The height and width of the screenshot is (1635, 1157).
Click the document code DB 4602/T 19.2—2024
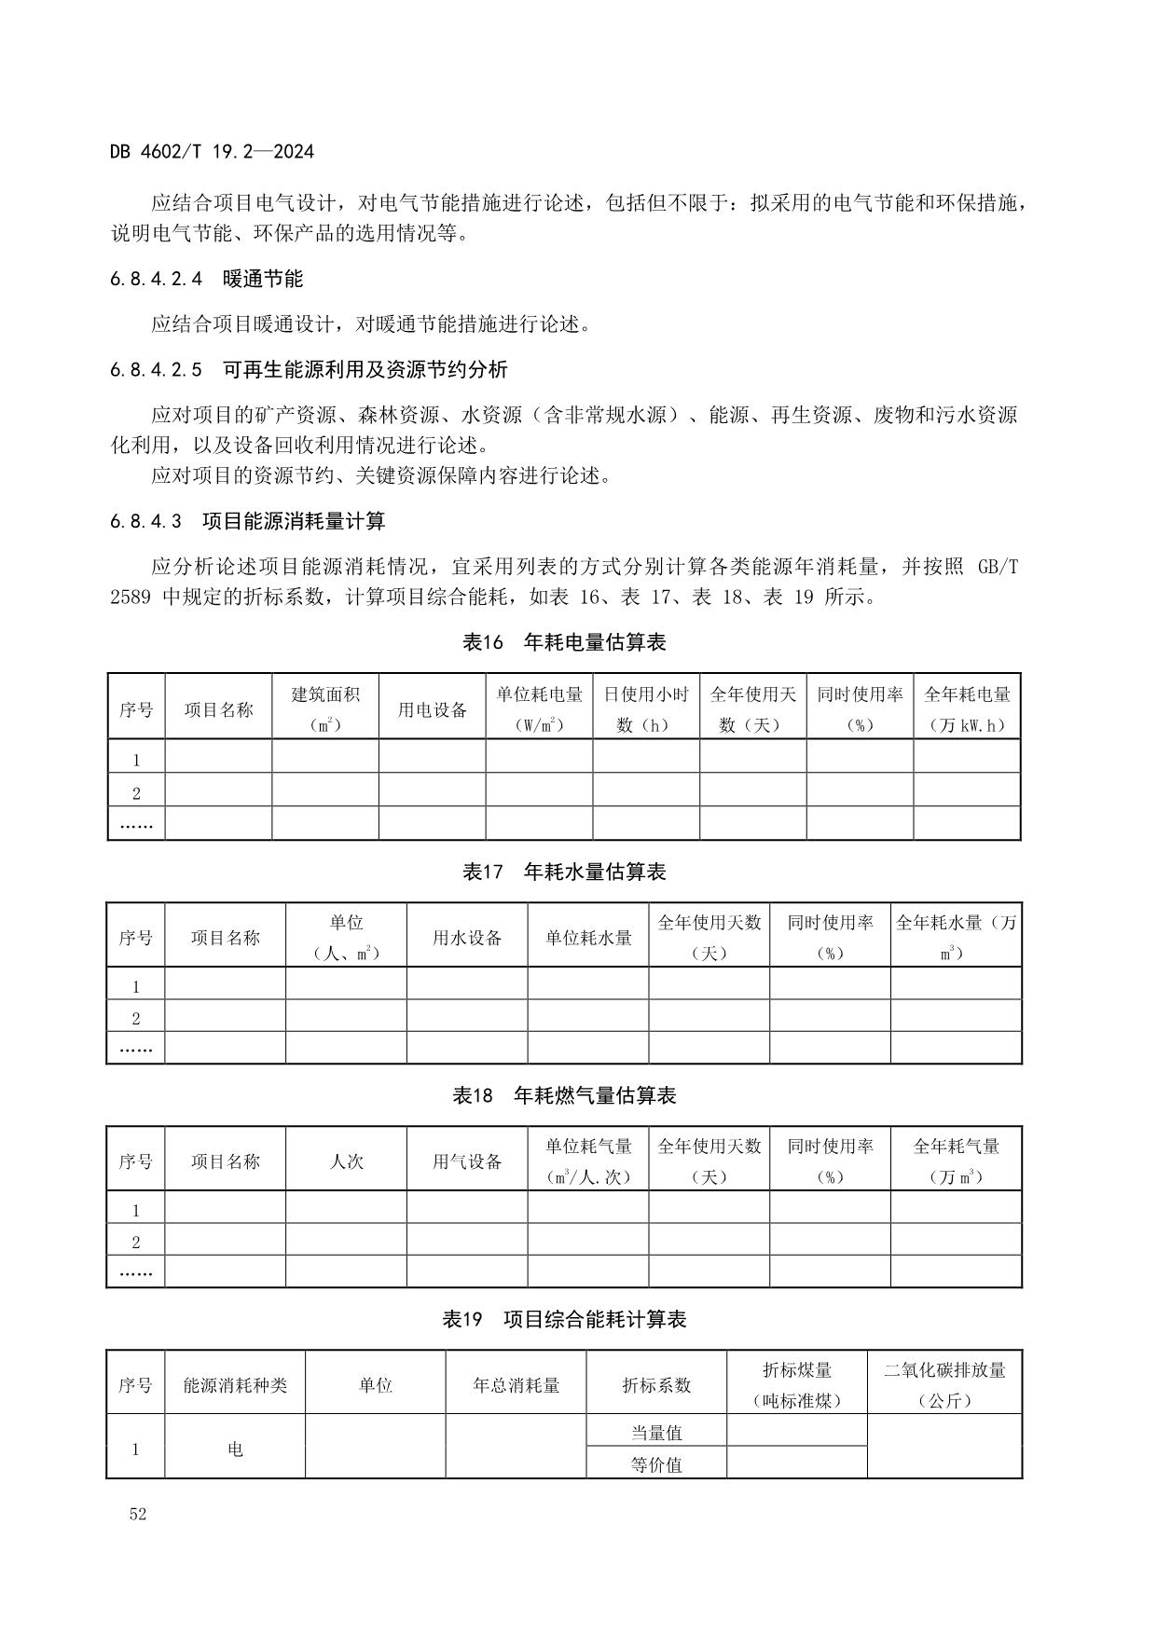point(212,152)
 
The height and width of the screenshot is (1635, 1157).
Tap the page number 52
point(138,1514)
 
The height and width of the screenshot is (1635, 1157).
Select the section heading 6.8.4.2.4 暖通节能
point(206,279)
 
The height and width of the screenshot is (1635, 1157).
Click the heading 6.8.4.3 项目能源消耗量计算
point(247,521)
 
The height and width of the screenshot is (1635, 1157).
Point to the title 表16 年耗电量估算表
point(564,642)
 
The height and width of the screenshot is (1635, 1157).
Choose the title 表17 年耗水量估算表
point(564,872)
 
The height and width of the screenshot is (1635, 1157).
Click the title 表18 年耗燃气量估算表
point(564,1095)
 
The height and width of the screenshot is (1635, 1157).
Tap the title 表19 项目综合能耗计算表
point(564,1319)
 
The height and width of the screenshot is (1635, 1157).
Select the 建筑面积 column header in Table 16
point(325,708)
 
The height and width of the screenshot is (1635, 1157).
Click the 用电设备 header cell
point(432,709)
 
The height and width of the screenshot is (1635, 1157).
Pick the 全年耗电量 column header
point(967,708)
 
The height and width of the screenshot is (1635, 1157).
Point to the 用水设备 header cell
point(467,938)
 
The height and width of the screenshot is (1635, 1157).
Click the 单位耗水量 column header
point(588,938)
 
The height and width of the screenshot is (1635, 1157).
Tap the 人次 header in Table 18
point(346,1161)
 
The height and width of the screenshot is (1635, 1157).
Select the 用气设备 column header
point(467,1161)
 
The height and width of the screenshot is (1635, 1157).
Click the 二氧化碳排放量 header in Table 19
point(944,1384)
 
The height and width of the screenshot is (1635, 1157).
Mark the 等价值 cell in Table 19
point(656,1464)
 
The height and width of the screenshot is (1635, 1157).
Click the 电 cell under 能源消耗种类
point(235,1449)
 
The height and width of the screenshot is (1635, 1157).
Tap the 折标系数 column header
point(656,1385)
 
